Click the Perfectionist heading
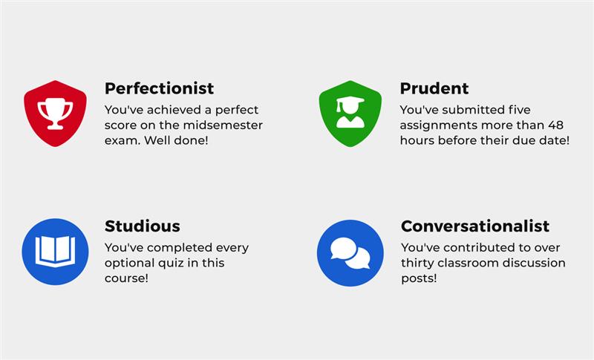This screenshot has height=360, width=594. (159, 88)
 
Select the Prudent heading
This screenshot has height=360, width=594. (434, 88)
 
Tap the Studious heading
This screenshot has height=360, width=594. (143, 226)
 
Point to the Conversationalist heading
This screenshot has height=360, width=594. (475, 226)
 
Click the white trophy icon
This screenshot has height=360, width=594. (55, 113)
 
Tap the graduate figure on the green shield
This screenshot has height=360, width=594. (350, 112)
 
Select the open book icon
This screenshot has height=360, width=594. (55, 251)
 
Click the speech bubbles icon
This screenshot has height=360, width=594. (350, 253)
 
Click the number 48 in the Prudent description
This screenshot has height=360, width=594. (555, 125)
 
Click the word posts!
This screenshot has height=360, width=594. (419, 278)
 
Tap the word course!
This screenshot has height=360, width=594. (126, 278)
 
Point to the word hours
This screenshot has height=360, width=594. (417, 140)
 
